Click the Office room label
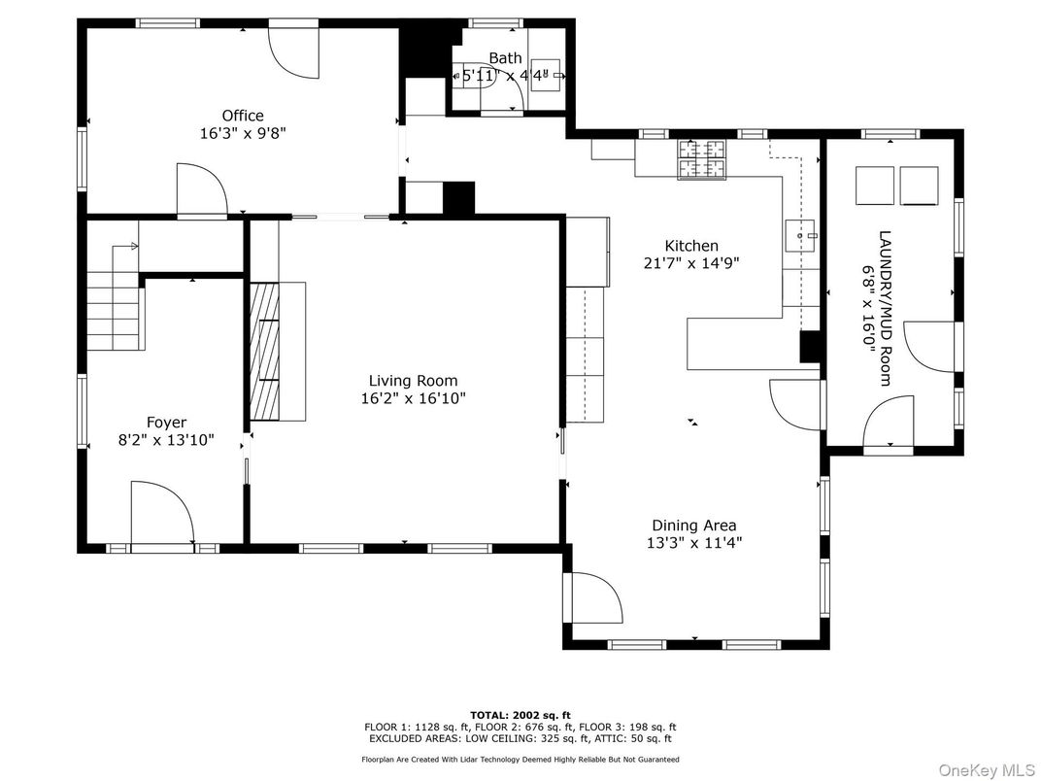(x=243, y=116)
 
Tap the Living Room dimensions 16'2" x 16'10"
(x=413, y=398)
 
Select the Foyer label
(x=166, y=423)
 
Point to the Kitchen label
(x=691, y=246)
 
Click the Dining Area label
(x=693, y=526)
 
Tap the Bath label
(x=505, y=58)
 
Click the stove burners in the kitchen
(x=701, y=159)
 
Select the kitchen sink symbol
(x=800, y=236)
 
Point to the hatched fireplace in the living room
(x=264, y=352)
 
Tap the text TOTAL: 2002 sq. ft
(x=520, y=715)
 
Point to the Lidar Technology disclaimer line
(x=520, y=759)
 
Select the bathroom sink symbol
(x=550, y=75)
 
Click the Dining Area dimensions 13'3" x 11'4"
(x=693, y=543)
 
